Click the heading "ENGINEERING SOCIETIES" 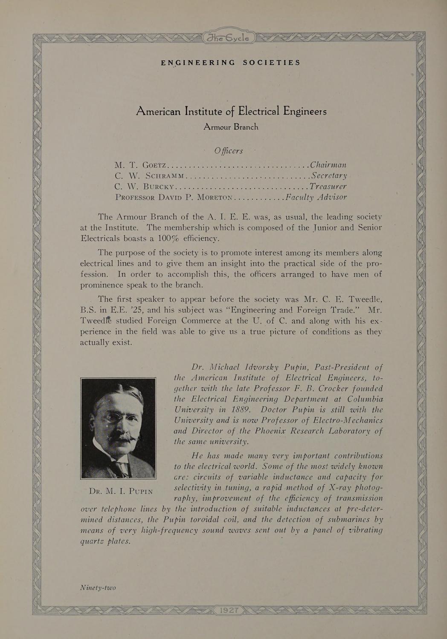tap(231, 63)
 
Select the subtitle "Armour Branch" tap(231, 127)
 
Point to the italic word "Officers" tap(229, 151)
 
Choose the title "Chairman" tap(328, 164)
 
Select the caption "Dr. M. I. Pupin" tap(120, 491)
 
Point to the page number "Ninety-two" tap(98, 588)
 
